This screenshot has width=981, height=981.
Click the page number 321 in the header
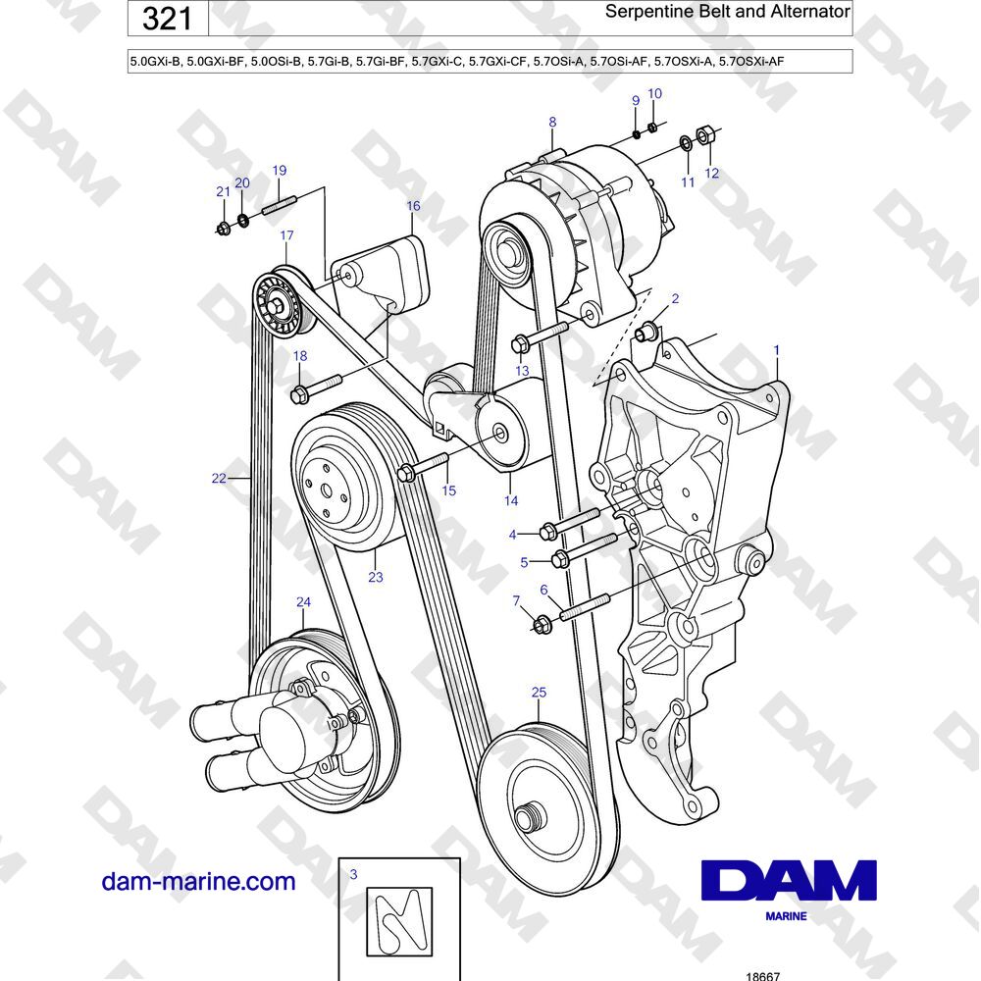click(x=167, y=18)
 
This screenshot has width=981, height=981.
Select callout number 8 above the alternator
click(x=552, y=122)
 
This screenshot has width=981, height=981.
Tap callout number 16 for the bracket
click(x=413, y=206)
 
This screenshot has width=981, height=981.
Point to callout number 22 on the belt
click(x=219, y=478)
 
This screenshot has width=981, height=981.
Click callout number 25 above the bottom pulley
click(x=539, y=692)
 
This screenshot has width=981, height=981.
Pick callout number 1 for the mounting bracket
click(x=776, y=350)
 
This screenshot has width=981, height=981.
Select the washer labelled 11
click(x=685, y=144)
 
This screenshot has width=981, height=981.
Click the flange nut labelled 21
click(x=224, y=228)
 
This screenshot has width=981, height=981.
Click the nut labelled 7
click(x=542, y=624)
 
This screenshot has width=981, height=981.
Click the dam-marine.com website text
click(x=198, y=881)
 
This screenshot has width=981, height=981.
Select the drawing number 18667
click(x=764, y=975)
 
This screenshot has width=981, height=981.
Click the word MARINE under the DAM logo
click(x=786, y=916)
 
